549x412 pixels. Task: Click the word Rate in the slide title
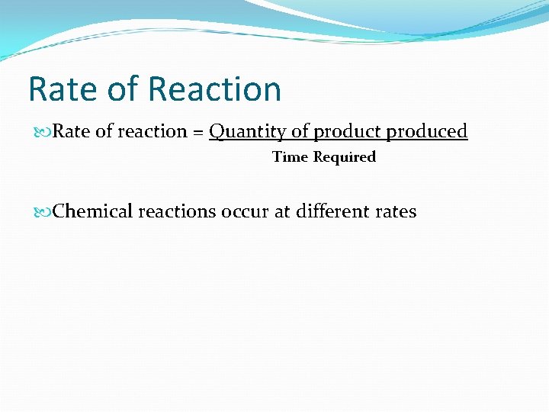tap(61, 89)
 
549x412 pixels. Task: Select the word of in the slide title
tap(122, 89)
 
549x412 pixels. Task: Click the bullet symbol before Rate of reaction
tap(45, 132)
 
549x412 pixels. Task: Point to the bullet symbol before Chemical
tap(45, 211)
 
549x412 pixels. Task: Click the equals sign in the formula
tap(197, 132)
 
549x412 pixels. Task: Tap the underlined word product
tap(348, 132)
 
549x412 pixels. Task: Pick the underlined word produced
tap(427, 132)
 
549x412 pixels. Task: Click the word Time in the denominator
tap(290, 157)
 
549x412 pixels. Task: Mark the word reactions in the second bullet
tap(177, 211)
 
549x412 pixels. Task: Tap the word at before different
tap(282, 211)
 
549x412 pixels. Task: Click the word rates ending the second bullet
tap(396, 211)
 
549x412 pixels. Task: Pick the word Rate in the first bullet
tap(72, 132)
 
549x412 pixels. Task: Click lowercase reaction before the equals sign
tap(152, 132)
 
